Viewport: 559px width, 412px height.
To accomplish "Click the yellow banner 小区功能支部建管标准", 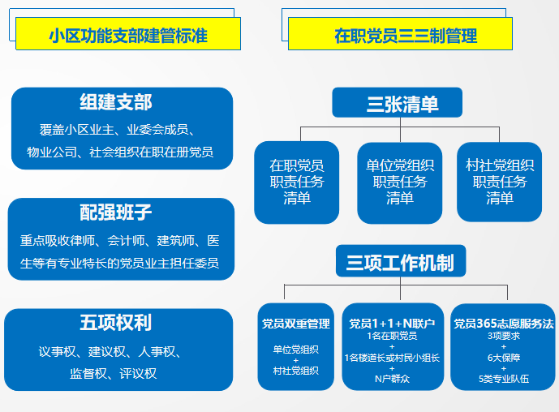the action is (128, 33).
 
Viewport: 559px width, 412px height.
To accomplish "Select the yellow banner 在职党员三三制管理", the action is (400, 33).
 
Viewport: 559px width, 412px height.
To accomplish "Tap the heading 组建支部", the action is (116, 102).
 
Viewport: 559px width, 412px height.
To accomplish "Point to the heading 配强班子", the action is (116, 212).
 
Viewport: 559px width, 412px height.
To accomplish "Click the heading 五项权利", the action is (116, 323).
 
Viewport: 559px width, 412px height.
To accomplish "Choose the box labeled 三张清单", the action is (398, 102).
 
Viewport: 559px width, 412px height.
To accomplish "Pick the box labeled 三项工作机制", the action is (401, 261).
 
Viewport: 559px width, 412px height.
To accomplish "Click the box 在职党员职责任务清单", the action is (297, 182).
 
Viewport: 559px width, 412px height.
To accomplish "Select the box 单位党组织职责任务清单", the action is (400, 182).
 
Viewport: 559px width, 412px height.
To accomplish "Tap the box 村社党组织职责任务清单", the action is (499, 182).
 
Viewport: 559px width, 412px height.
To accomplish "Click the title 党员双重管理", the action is (296, 324).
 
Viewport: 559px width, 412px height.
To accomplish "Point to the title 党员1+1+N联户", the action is (392, 324).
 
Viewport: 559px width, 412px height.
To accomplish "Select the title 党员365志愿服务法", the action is (503, 324).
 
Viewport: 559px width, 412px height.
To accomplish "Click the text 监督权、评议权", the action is (113, 374).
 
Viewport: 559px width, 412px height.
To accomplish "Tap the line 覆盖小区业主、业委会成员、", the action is (118, 130).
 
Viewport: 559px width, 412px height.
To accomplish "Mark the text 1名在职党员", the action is (392, 336).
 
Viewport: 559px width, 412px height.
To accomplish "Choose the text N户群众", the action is (392, 379).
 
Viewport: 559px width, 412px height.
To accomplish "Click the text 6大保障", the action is (504, 358).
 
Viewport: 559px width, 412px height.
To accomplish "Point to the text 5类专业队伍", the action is (504, 379).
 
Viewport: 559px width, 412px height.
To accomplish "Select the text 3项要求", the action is (504, 336).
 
